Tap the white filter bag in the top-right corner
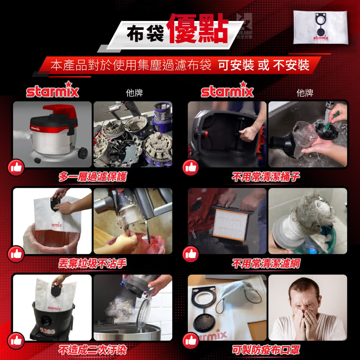[x=321, y=27]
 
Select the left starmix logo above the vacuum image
[x=53, y=91]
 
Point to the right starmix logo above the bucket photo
[x=227, y=91]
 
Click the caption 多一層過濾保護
[x=93, y=177]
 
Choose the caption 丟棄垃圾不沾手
[x=93, y=264]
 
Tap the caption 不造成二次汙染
[x=93, y=350]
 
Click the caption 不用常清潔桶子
[x=266, y=177]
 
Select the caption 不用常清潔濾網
[x=266, y=264]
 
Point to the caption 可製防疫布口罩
[x=266, y=350]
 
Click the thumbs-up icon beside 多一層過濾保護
[x=16, y=167]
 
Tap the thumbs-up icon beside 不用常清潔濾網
[x=191, y=254]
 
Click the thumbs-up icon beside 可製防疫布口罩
[x=191, y=340]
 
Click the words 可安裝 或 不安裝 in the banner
[x=264, y=65]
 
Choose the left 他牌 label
[x=134, y=93]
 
